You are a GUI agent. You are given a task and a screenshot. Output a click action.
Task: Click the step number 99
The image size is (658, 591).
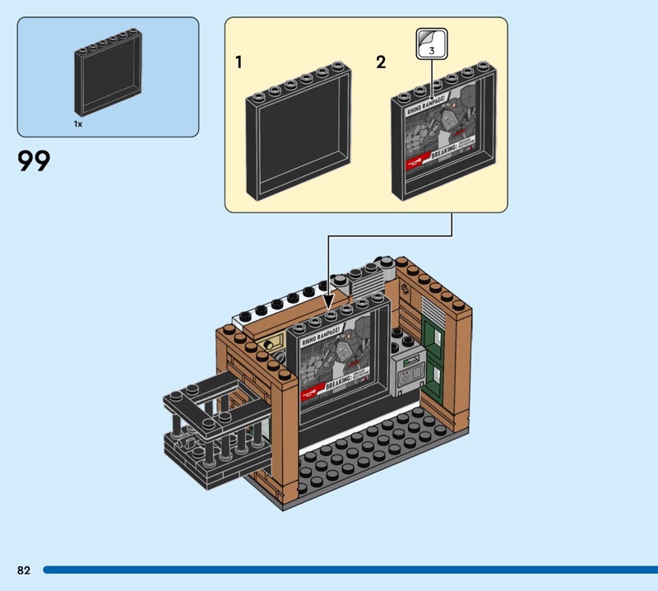34,161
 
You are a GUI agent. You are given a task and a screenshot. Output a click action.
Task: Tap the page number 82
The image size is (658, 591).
23,570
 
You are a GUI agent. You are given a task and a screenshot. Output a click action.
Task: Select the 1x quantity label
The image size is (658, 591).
78,124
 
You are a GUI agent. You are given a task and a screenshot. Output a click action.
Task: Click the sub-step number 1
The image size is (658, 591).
239,63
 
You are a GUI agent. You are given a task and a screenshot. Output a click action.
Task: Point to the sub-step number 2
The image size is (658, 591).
381,63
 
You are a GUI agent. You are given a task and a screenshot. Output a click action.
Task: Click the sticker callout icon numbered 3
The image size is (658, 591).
431,43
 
